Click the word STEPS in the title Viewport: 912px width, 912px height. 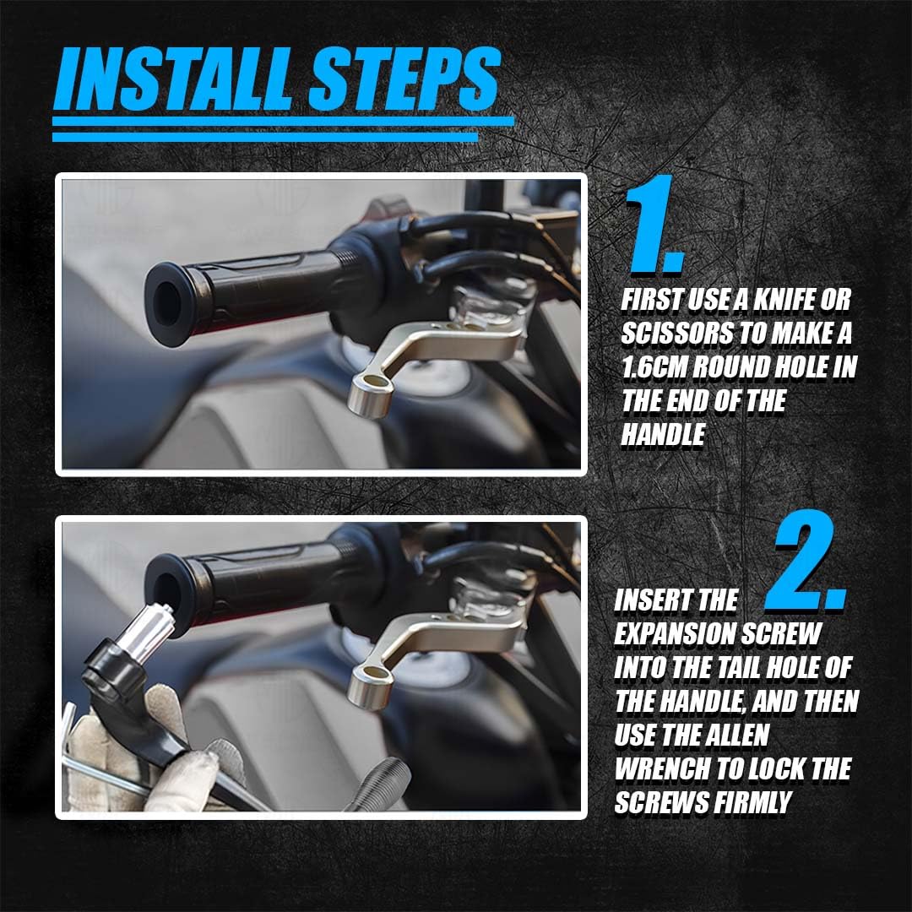click(x=404, y=79)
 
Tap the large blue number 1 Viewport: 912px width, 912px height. click(x=654, y=225)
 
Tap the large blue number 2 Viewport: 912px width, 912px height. click(x=806, y=562)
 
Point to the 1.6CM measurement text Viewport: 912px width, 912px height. click(x=654, y=367)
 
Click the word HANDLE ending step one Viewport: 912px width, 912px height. click(x=663, y=435)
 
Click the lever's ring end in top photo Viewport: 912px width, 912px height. click(x=370, y=395)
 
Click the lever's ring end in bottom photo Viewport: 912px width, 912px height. click(x=370, y=687)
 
